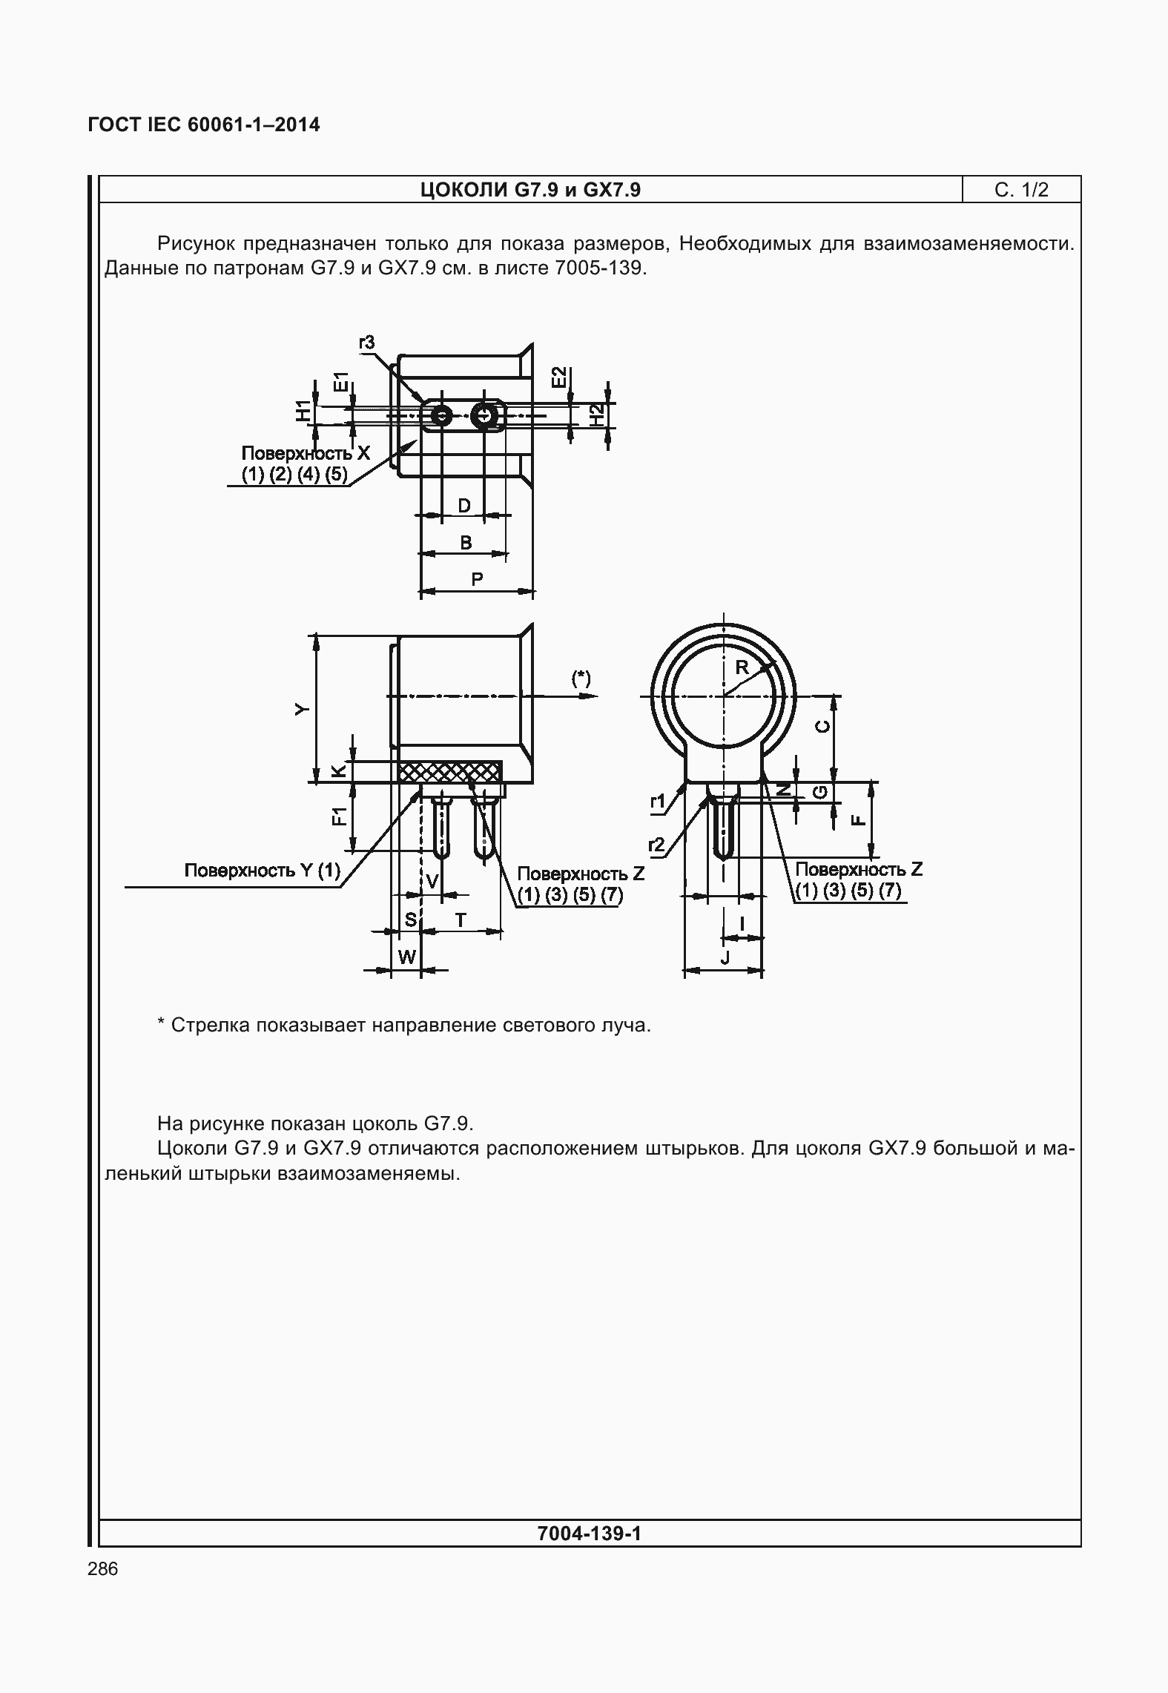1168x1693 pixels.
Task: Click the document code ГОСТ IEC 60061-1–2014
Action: click(x=204, y=125)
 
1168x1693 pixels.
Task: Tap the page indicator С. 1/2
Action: click(x=1021, y=190)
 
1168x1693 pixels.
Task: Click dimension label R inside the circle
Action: click(x=742, y=667)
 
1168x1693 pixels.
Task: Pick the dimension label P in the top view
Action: click(x=477, y=579)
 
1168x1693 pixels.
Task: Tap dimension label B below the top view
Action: click(x=466, y=543)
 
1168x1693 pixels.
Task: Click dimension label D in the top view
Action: click(x=463, y=506)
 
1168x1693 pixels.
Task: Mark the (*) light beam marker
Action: click(x=581, y=678)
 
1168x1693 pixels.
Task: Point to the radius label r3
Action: click(x=366, y=342)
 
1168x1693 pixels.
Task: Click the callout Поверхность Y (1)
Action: click(x=262, y=871)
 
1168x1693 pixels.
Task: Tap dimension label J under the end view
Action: click(x=725, y=958)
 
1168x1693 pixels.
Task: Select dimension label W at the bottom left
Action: click(x=407, y=957)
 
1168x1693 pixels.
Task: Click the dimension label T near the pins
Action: click(x=461, y=920)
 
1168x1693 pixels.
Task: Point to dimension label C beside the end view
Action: click(x=822, y=725)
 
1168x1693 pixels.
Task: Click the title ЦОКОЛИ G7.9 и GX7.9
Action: click(x=530, y=190)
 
